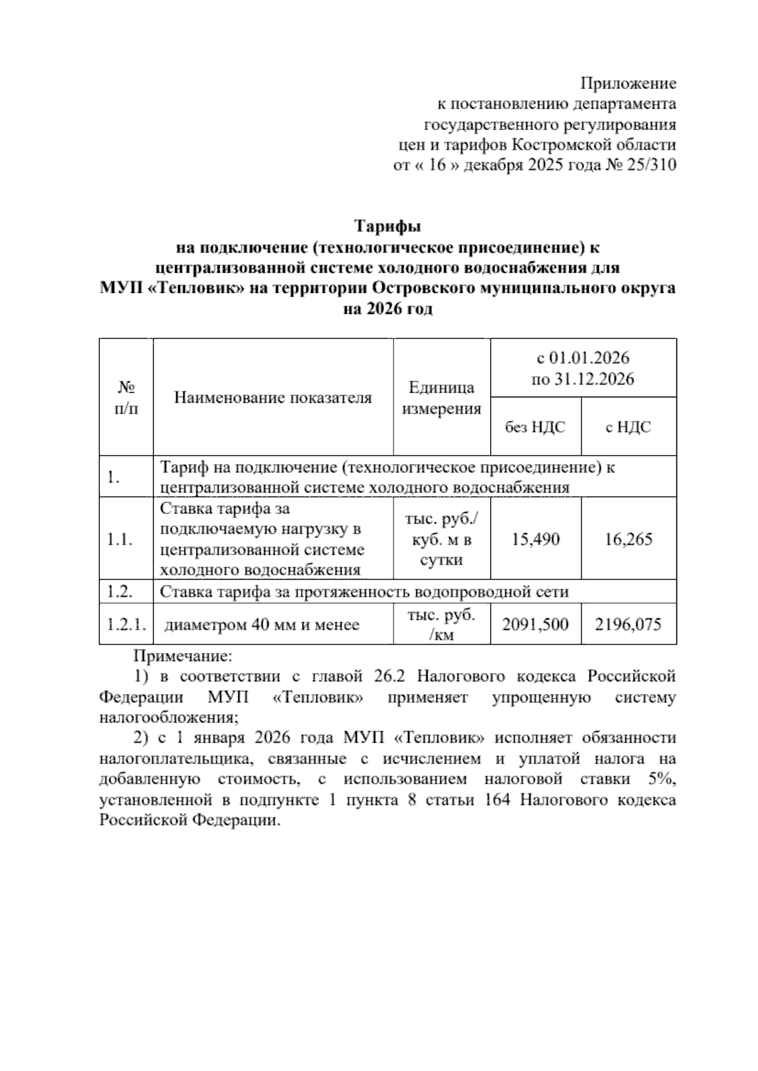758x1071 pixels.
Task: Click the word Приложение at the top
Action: (x=628, y=83)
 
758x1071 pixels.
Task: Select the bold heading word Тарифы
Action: (x=387, y=225)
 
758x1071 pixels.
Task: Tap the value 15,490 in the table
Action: (x=536, y=539)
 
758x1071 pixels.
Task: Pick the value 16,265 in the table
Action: (x=628, y=539)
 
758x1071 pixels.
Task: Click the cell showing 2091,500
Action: (x=536, y=625)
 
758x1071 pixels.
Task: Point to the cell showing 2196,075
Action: (x=628, y=625)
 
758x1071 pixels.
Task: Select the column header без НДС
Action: (x=535, y=428)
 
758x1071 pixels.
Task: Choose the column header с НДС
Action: (x=628, y=428)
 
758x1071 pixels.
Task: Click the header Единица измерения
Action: (x=442, y=398)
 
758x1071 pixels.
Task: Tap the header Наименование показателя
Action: (x=273, y=398)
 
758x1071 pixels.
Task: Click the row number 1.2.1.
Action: (x=126, y=625)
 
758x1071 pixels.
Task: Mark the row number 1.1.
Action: (x=119, y=539)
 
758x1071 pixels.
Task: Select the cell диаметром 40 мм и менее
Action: (x=262, y=625)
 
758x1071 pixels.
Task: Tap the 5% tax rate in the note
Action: (x=662, y=779)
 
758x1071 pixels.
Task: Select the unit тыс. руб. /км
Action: (x=442, y=625)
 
